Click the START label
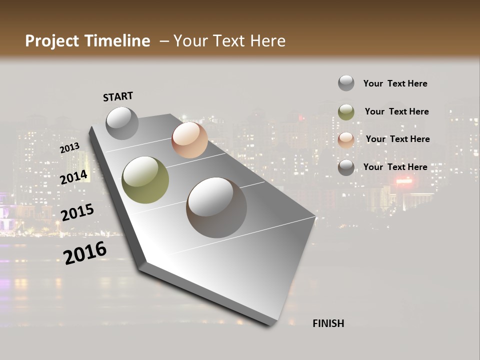118,96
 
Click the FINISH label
328,323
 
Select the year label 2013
69,147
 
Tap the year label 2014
74,177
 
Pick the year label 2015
77,212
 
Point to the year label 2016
85,252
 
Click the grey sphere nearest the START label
122,123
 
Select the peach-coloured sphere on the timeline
189,140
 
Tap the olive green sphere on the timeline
145,180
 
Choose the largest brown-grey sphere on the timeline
216,207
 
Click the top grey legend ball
346,83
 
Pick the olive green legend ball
346,112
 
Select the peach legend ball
346,140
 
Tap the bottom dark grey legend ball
346,168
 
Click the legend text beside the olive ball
396,111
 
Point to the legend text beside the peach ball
397,139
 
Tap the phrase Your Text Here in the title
229,41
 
